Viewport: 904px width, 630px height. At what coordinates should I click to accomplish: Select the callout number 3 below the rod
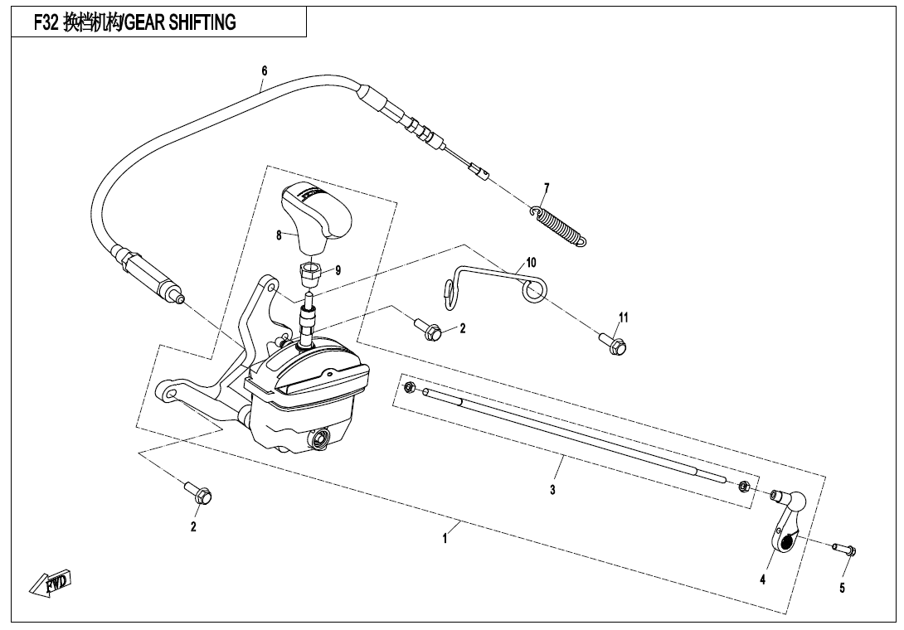tap(552, 489)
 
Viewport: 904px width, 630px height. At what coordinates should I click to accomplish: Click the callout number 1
tap(445, 539)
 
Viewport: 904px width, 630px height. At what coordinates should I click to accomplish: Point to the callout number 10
tap(531, 263)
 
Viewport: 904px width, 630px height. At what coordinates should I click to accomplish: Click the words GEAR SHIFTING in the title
tap(181, 23)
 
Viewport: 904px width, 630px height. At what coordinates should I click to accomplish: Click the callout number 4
tap(762, 580)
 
